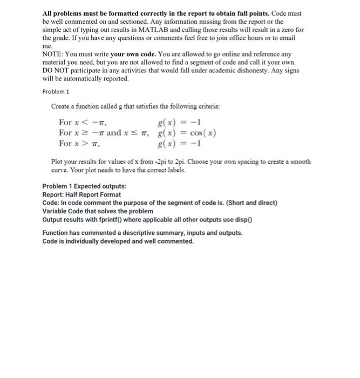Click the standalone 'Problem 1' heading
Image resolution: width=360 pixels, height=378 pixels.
(x=56, y=91)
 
